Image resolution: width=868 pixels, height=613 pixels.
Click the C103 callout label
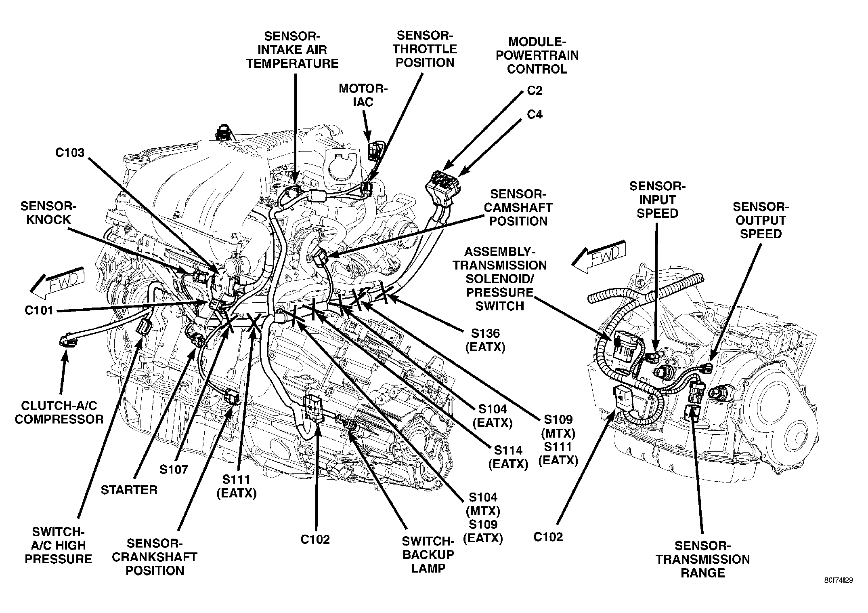pos(70,153)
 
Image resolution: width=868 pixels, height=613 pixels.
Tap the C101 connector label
pos(39,310)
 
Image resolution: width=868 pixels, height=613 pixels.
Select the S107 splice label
pos(174,469)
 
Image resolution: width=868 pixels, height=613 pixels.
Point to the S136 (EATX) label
pos(485,340)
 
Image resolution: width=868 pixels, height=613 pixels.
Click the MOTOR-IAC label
pos(363,95)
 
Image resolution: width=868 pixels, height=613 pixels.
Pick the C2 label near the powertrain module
pos(535,91)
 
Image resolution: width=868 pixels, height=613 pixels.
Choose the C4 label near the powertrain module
pos(535,115)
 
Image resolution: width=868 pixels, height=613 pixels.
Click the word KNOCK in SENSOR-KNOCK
pos(48,220)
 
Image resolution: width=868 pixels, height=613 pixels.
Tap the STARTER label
pos(129,490)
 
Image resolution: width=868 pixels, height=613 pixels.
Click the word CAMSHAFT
pos(518,208)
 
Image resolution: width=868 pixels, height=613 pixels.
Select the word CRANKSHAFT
pos(155,557)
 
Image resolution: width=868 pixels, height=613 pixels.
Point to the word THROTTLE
pos(425,49)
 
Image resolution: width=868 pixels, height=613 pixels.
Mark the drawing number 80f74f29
pos(839,580)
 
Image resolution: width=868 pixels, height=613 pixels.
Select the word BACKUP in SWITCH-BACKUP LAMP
pos(428,555)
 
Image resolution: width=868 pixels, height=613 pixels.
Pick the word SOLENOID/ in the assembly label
pos(500,279)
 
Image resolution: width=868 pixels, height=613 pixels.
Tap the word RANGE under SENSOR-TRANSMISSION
pos(702,573)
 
